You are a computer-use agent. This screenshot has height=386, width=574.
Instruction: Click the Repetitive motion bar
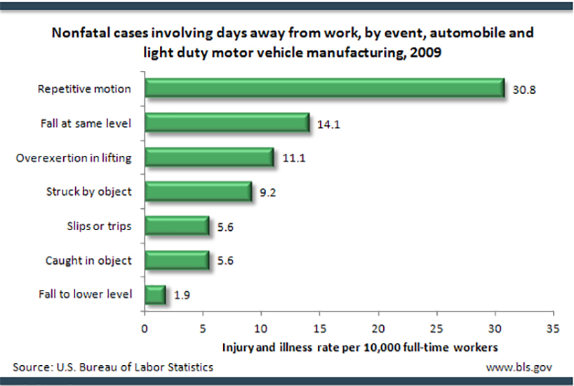(324, 88)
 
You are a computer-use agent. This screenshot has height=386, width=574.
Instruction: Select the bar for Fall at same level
(227, 123)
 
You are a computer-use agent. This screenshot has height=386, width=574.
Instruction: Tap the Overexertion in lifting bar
(208, 157)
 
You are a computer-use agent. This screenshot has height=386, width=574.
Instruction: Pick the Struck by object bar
(198, 191)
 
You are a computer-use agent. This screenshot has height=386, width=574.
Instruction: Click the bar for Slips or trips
(176, 225)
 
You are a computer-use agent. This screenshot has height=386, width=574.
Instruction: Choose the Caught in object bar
(176, 260)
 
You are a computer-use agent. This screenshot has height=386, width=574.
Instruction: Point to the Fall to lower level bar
(155, 294)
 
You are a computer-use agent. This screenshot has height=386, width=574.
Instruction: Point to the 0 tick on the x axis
(145, 328)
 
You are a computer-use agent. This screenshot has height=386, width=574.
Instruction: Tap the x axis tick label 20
(378, 328)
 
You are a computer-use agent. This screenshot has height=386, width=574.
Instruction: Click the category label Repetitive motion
(84, 89)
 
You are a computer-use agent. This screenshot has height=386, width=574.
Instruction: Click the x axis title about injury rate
(361, 347)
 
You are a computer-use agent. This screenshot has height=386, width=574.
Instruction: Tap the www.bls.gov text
(520, 367)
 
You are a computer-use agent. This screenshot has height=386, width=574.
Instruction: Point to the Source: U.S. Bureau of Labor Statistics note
(113, 367)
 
